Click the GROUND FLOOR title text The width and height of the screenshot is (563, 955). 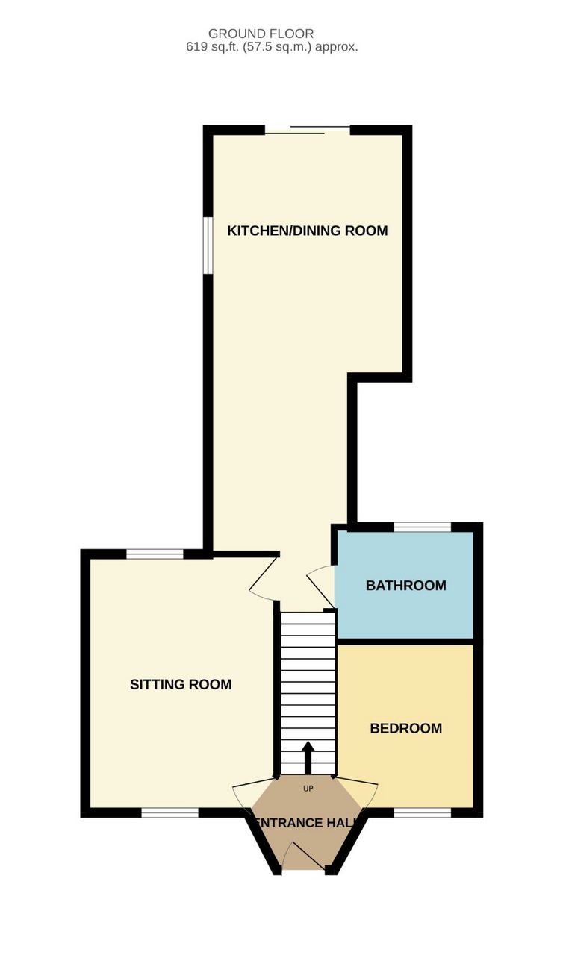click(x=261, y=34)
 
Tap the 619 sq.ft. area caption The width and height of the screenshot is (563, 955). click(x=272, y=47)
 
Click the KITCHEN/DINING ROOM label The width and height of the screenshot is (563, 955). click(x=308, y=231)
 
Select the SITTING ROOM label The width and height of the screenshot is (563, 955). click(x=181, y=684)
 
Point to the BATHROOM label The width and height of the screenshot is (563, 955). click(x=406, y=586)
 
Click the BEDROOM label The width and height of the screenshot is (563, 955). click(x=406, y=728)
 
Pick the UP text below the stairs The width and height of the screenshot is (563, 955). click(x=308, y=789)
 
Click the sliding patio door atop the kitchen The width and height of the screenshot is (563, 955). click(x=308, y=130)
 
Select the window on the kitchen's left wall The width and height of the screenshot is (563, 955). click(x=208, y=245)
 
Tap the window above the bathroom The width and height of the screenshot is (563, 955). click(x=423, y=527)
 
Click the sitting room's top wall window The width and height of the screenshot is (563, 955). click(x=155, y=554)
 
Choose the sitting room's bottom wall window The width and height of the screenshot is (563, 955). click(x=169, y=813)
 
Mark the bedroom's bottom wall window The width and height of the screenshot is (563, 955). click(x=423, y=813)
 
